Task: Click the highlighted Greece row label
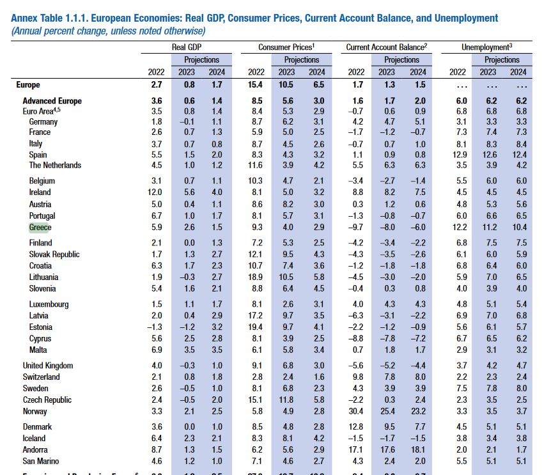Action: pos(40,228)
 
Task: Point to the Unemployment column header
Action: pos(487,47)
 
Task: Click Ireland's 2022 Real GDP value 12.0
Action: pos(157,192)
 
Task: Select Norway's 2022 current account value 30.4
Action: pos(355,411)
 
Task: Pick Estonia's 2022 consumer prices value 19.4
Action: pos(256,327)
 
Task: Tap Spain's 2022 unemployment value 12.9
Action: pos(458,155)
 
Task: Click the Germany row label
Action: pos(43,121)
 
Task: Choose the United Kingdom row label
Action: pos(48,366)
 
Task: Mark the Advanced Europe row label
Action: pos(52,101)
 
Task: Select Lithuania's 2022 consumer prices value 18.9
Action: pos(256,277)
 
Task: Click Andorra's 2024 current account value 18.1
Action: pos(417,449)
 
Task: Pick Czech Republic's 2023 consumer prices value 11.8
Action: pos(286,400)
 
